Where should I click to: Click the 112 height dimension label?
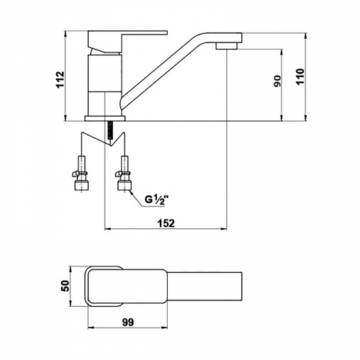click(x=60, y=79)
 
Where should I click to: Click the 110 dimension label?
click(x=300, y=76)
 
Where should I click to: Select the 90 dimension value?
click(x=277, y=81)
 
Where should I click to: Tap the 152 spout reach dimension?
click(x=166, y=223)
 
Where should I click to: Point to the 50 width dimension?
click(x=65, y=286)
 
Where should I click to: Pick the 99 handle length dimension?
click(x=128, y=323)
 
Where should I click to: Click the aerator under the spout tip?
click(x=227, y=45)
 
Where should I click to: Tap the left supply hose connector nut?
click(x=82, y=186)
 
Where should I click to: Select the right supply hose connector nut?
click(x=124, y=186)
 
